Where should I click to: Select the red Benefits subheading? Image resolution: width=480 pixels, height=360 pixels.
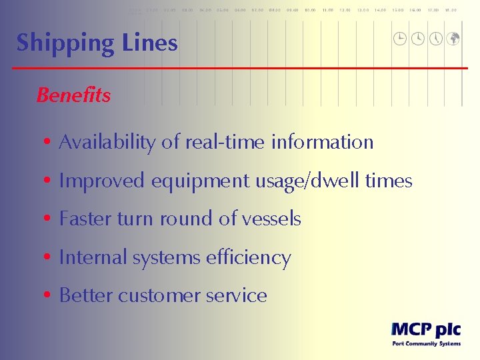coord(73,95)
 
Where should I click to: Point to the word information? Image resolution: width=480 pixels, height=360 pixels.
coord(322,142)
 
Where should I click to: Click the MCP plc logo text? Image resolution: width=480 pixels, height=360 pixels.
coord(425,329)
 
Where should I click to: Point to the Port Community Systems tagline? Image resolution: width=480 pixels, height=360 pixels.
coord(425,344)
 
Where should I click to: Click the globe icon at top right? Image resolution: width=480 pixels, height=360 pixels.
coord(453,39)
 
